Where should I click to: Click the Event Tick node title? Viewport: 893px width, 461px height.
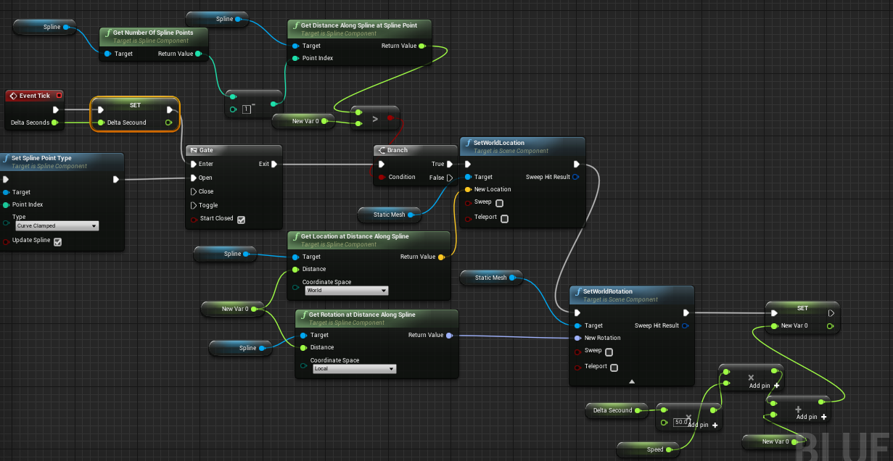point(34,96)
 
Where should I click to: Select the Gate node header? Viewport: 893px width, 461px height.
point(206,150)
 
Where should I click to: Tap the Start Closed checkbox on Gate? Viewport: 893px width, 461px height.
point(241,220)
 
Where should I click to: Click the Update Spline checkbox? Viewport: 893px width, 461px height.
point(57,241)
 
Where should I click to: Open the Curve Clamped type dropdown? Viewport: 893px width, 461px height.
point(57,226)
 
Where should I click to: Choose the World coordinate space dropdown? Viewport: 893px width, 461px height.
point(346,291)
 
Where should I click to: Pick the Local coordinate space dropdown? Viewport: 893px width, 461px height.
point(354,369)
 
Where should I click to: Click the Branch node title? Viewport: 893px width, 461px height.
point(397,150)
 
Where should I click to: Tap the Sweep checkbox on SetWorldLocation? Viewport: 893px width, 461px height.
point(499,203)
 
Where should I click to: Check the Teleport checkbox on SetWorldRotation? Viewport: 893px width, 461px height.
point(614,367)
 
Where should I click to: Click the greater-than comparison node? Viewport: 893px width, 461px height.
point(375,118)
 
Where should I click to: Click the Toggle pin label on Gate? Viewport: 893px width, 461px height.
point(209,205)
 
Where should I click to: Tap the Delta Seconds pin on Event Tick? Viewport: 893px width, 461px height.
point(30,122)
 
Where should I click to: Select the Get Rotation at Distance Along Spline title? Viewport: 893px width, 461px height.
point(363,315)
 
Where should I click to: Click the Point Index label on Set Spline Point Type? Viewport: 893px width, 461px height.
point(28,204)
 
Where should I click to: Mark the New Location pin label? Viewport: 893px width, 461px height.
point(493,189)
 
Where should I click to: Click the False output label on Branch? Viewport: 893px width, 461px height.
point(437,178)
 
